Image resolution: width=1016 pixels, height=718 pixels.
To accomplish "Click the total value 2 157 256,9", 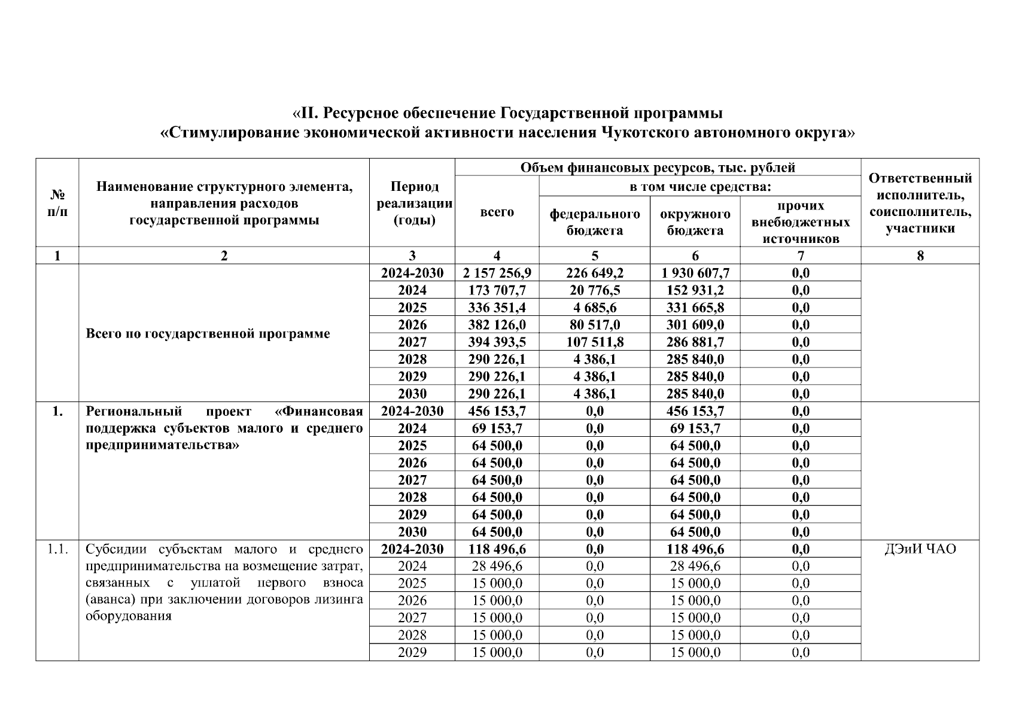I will point(497,273).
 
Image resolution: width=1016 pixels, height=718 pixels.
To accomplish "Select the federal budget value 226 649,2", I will point(594,273).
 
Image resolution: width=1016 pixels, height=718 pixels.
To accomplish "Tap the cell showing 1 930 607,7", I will point(695,273).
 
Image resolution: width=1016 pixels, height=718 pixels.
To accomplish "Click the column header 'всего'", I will point(497,212).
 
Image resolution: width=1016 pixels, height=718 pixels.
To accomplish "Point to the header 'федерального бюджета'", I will point(594,222).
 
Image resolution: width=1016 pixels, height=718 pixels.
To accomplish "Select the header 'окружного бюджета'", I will point(695,222).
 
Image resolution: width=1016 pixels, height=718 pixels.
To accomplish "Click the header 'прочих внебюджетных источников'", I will point(800,222).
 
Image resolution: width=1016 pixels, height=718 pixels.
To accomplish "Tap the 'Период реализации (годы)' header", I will point(413,203).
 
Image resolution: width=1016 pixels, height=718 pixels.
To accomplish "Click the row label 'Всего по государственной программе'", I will point(208,333).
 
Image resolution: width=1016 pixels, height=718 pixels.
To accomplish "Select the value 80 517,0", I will point(594,325).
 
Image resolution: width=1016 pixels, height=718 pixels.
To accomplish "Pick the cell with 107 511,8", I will point(594,342).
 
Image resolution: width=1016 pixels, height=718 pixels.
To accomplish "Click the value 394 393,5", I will point(497,342).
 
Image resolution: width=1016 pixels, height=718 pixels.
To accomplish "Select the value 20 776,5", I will point(594,291).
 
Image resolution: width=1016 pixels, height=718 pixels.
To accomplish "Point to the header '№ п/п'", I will point(57,203).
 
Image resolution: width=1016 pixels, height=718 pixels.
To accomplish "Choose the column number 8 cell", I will point(920,256).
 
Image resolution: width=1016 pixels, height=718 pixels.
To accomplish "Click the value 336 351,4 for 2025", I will point(497,308).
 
